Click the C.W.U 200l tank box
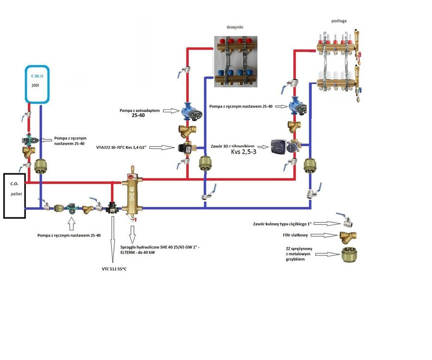(37, 84)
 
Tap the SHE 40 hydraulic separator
(132, 192)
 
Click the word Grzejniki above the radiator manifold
(235, 28)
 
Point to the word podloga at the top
(339, 22)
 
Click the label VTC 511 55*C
(114, 268)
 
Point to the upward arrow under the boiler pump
(72, 223)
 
